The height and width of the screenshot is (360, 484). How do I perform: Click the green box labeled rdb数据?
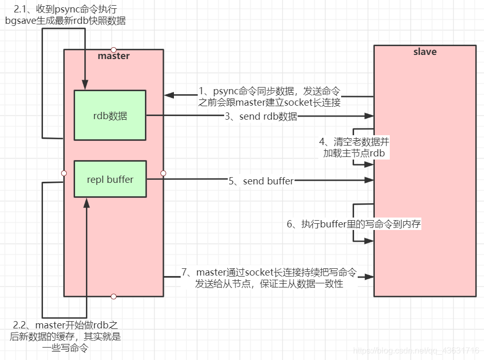click(x=110, y=116)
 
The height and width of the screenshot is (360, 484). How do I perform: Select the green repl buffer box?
click(x=110, y=179)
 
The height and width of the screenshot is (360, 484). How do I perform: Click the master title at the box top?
click(x=113, y=56)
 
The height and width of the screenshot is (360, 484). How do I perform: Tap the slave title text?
click(x=424, y=52)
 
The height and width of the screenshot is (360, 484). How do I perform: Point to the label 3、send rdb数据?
click(x=261, y=117)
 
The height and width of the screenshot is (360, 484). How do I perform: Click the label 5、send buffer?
click(x=261, y=181)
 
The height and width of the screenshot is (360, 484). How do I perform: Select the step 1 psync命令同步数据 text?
click(x=269, y=97)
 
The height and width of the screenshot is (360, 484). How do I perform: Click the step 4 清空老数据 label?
click(x=354, y=147)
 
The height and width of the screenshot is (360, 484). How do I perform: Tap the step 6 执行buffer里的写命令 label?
click(x=354, y=224)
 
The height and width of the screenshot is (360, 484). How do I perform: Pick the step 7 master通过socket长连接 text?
click(x=269, y=278)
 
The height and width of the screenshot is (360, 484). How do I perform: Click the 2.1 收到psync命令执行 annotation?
click(x=65, y=15)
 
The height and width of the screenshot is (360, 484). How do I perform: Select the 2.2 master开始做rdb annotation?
click(x=65, y=337)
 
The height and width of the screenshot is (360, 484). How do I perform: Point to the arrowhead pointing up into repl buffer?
click(x=87, y=203)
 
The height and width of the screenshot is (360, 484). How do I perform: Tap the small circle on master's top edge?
click(x=113, y=50)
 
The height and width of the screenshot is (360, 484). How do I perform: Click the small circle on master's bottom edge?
click(x=113, y=296)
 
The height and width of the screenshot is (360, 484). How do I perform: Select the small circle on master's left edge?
click(x=64, y=173)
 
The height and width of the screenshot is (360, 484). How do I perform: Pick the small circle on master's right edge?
click(x=163, y=173)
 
